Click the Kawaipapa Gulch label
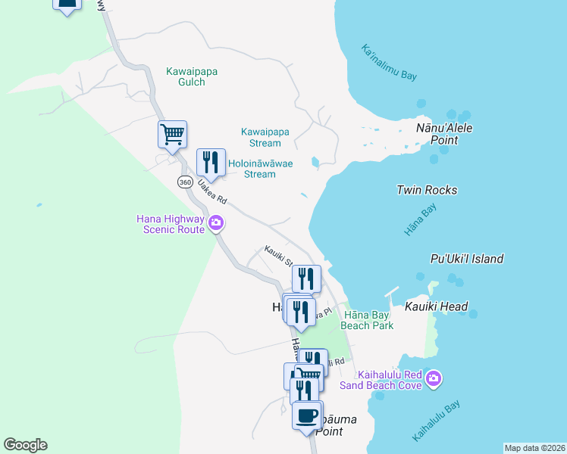[192, 76]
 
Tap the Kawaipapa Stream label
[265, 136]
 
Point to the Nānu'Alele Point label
[444, 134]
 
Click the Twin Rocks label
[427, 190]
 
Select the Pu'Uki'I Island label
[466, 259]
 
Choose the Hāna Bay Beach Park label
[368, 320]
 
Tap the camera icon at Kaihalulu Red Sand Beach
[433, 378]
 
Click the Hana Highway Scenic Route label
[171, 224]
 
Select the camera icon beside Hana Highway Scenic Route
[216, 223]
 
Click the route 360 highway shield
[185, 182]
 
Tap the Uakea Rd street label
[211, 192]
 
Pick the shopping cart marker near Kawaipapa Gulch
[172, 134]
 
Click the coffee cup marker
[306, 415]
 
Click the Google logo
[25, 445]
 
